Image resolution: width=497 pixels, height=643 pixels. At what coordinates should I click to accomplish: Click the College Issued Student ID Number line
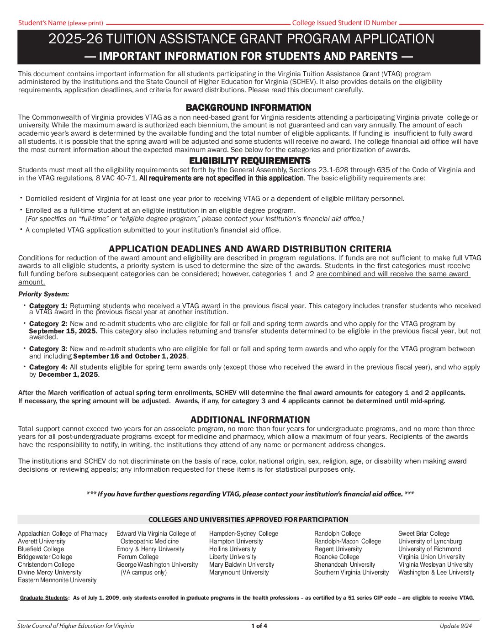(440, 23)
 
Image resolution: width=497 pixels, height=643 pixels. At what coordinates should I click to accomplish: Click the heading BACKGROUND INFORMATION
(248, 108)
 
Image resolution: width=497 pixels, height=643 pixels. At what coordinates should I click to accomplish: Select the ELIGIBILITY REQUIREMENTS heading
(249, 161)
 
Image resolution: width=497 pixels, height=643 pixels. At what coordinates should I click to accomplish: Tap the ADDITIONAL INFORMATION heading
(250, 420)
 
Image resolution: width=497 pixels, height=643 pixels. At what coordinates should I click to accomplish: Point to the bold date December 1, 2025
(68, 374)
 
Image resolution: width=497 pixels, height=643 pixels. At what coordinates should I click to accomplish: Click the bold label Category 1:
(48, 306)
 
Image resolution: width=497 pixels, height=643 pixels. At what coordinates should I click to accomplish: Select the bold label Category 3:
(48, 349)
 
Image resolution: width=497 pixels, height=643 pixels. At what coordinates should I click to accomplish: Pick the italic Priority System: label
(44, 294)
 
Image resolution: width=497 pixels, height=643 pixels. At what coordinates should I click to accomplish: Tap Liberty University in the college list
(233, 557)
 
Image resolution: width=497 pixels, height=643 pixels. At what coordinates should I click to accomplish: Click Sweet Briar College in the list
(423, 533)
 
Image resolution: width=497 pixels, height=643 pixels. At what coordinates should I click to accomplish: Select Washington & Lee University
(436, 572)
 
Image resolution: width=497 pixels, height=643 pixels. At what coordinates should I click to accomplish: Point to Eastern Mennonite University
(57, 580)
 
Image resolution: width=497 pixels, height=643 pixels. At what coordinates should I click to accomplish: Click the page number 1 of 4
(259, 626)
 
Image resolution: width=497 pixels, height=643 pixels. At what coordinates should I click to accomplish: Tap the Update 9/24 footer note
(455, 626)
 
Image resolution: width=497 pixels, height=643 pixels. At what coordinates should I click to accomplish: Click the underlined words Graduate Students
(44, 598)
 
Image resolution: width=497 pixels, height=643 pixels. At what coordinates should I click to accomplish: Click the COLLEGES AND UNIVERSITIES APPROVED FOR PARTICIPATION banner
(248, 520)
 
